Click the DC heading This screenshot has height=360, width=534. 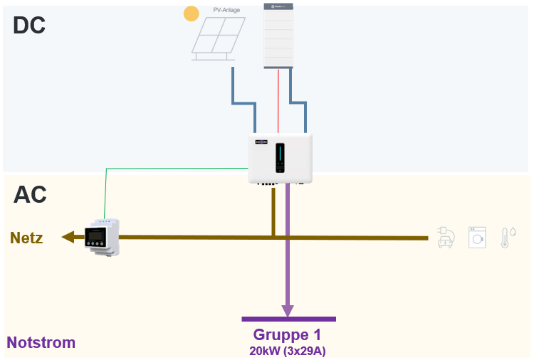coord(29,26)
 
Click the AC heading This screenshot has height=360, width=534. coord(30,194)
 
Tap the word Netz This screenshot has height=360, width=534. coord(26,238)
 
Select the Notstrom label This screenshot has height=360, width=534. coord(41,342)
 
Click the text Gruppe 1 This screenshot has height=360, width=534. coord(287,334)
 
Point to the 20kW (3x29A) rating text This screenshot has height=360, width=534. coord(287,350)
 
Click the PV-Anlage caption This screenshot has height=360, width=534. coord(227,9)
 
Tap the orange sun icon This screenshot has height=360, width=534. coord(192,14)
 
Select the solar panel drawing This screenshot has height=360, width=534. coord(219,38)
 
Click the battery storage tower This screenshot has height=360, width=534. coord(278,36)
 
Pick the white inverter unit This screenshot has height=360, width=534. coord(280,159)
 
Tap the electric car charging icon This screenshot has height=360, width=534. coord(445,237)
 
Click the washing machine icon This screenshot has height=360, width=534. coord(476,237)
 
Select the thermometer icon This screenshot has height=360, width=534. coord(507,237)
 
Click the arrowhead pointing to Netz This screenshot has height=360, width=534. coord(68,237)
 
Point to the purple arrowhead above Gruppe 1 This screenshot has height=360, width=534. coord(287,311)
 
